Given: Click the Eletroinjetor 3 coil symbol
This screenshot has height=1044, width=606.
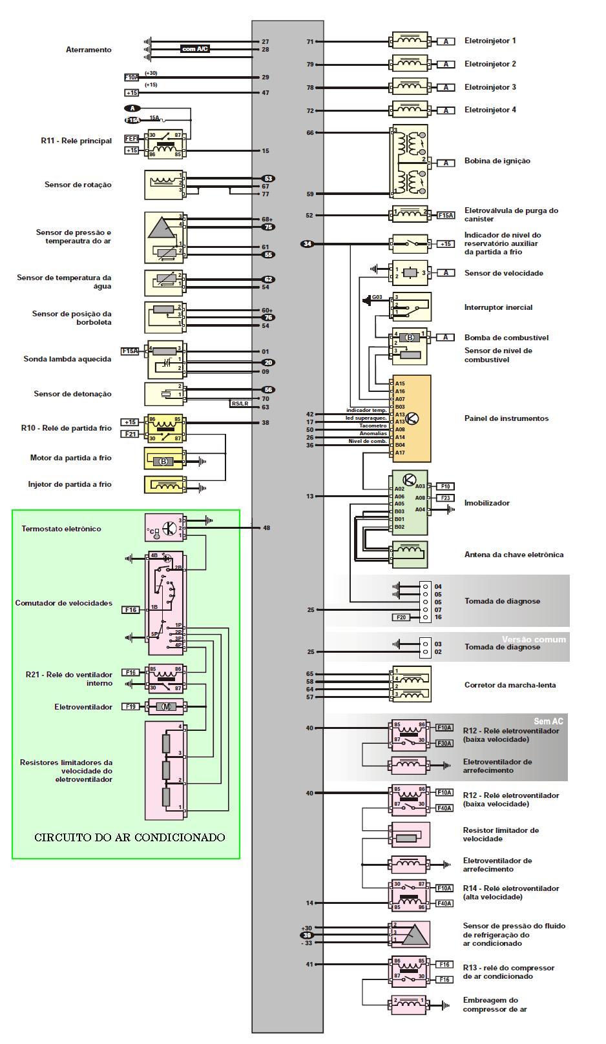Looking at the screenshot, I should pos(410,87).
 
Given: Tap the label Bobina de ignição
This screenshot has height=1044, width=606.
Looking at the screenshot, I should pos(497,161).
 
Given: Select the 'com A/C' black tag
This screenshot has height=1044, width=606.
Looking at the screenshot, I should pos(195,49).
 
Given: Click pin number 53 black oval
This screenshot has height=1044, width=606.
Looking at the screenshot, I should pos(267,178).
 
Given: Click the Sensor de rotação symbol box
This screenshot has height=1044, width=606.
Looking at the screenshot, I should pos(164,185).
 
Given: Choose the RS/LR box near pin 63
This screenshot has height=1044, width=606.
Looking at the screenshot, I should pos(240,404).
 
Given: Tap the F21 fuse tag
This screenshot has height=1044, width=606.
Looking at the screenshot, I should pos(131,434).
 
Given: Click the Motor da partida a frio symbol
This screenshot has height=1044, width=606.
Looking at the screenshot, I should pos(164,461).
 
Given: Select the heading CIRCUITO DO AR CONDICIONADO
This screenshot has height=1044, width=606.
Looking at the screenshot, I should pos(129,837).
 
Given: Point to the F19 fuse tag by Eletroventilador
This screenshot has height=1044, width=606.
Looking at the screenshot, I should pos(131,707).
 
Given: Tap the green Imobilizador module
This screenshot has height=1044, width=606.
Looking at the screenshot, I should pos(408,503).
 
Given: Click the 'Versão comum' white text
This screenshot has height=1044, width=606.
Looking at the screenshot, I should pos(534,639).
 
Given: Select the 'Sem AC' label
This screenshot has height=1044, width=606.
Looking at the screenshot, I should pos(548,721).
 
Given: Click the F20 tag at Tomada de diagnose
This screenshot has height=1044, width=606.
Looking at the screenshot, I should pos(401,618).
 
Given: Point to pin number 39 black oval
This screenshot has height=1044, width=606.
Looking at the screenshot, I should pos(307,935).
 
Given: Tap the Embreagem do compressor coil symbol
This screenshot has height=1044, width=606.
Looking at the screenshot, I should pos(408,1003).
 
